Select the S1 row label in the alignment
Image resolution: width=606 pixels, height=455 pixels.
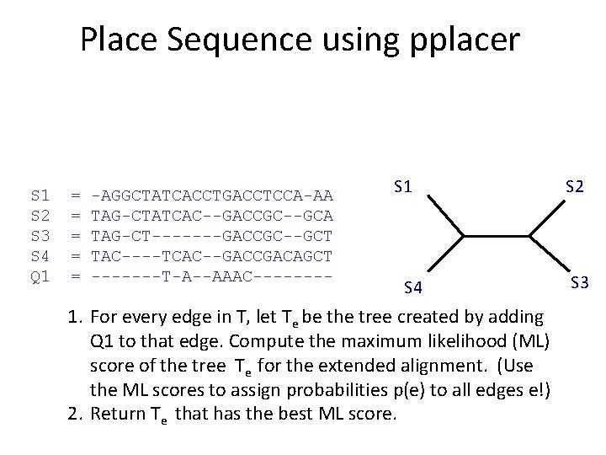tap(40, 195)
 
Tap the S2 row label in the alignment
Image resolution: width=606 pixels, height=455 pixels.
tap(40, 216)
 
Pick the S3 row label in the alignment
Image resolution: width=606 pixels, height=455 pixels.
tap(40, 235)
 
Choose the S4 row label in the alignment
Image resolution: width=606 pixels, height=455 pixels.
tap(40, 255)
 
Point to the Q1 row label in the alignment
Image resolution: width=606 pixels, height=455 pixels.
tap(40, 276)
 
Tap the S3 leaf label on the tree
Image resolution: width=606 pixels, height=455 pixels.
tap(578, 281)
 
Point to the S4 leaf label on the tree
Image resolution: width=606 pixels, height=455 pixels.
tap(412, 289)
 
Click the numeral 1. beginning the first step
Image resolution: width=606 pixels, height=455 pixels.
tap(75, 317)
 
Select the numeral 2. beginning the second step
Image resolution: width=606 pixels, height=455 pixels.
tap(75, 413)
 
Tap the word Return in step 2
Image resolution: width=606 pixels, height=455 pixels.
tap(116, 413)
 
